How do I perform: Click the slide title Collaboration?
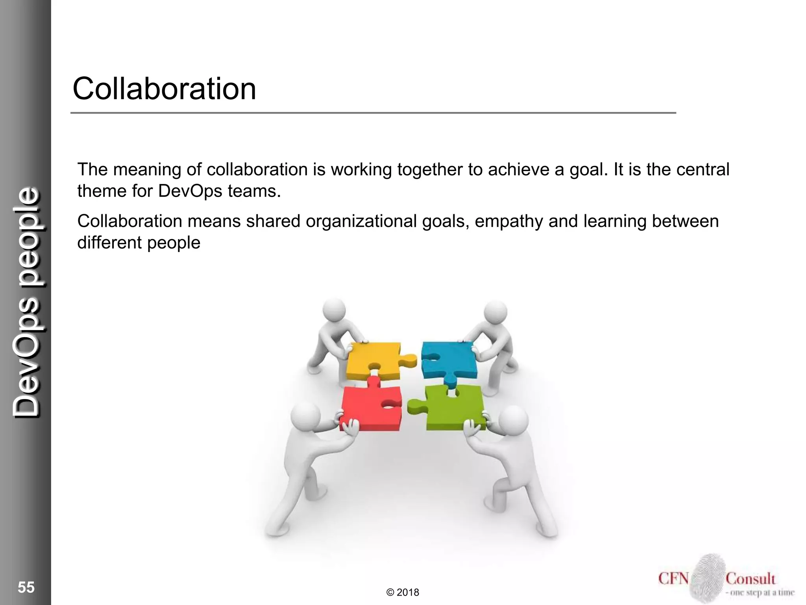click(164, 89)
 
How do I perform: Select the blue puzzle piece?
click(449, 359)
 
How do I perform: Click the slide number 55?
click(26, 587)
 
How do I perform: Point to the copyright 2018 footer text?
click(403, 592)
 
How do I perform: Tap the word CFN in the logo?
click(673, 579)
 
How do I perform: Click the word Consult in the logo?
click(750, 579)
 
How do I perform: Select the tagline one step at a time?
click(760, 592)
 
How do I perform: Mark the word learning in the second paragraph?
click(615, 221)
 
